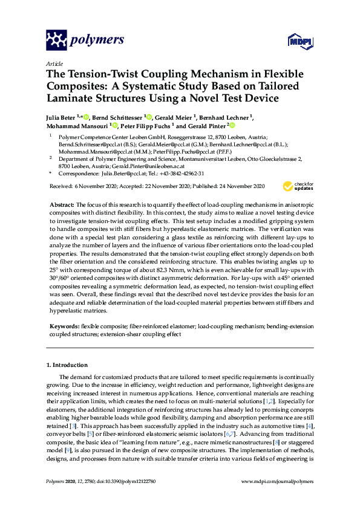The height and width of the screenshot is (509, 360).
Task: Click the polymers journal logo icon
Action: point(56,40)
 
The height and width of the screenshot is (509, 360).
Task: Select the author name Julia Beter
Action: point(61,117)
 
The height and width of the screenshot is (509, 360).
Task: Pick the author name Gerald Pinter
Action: point(207,126)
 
